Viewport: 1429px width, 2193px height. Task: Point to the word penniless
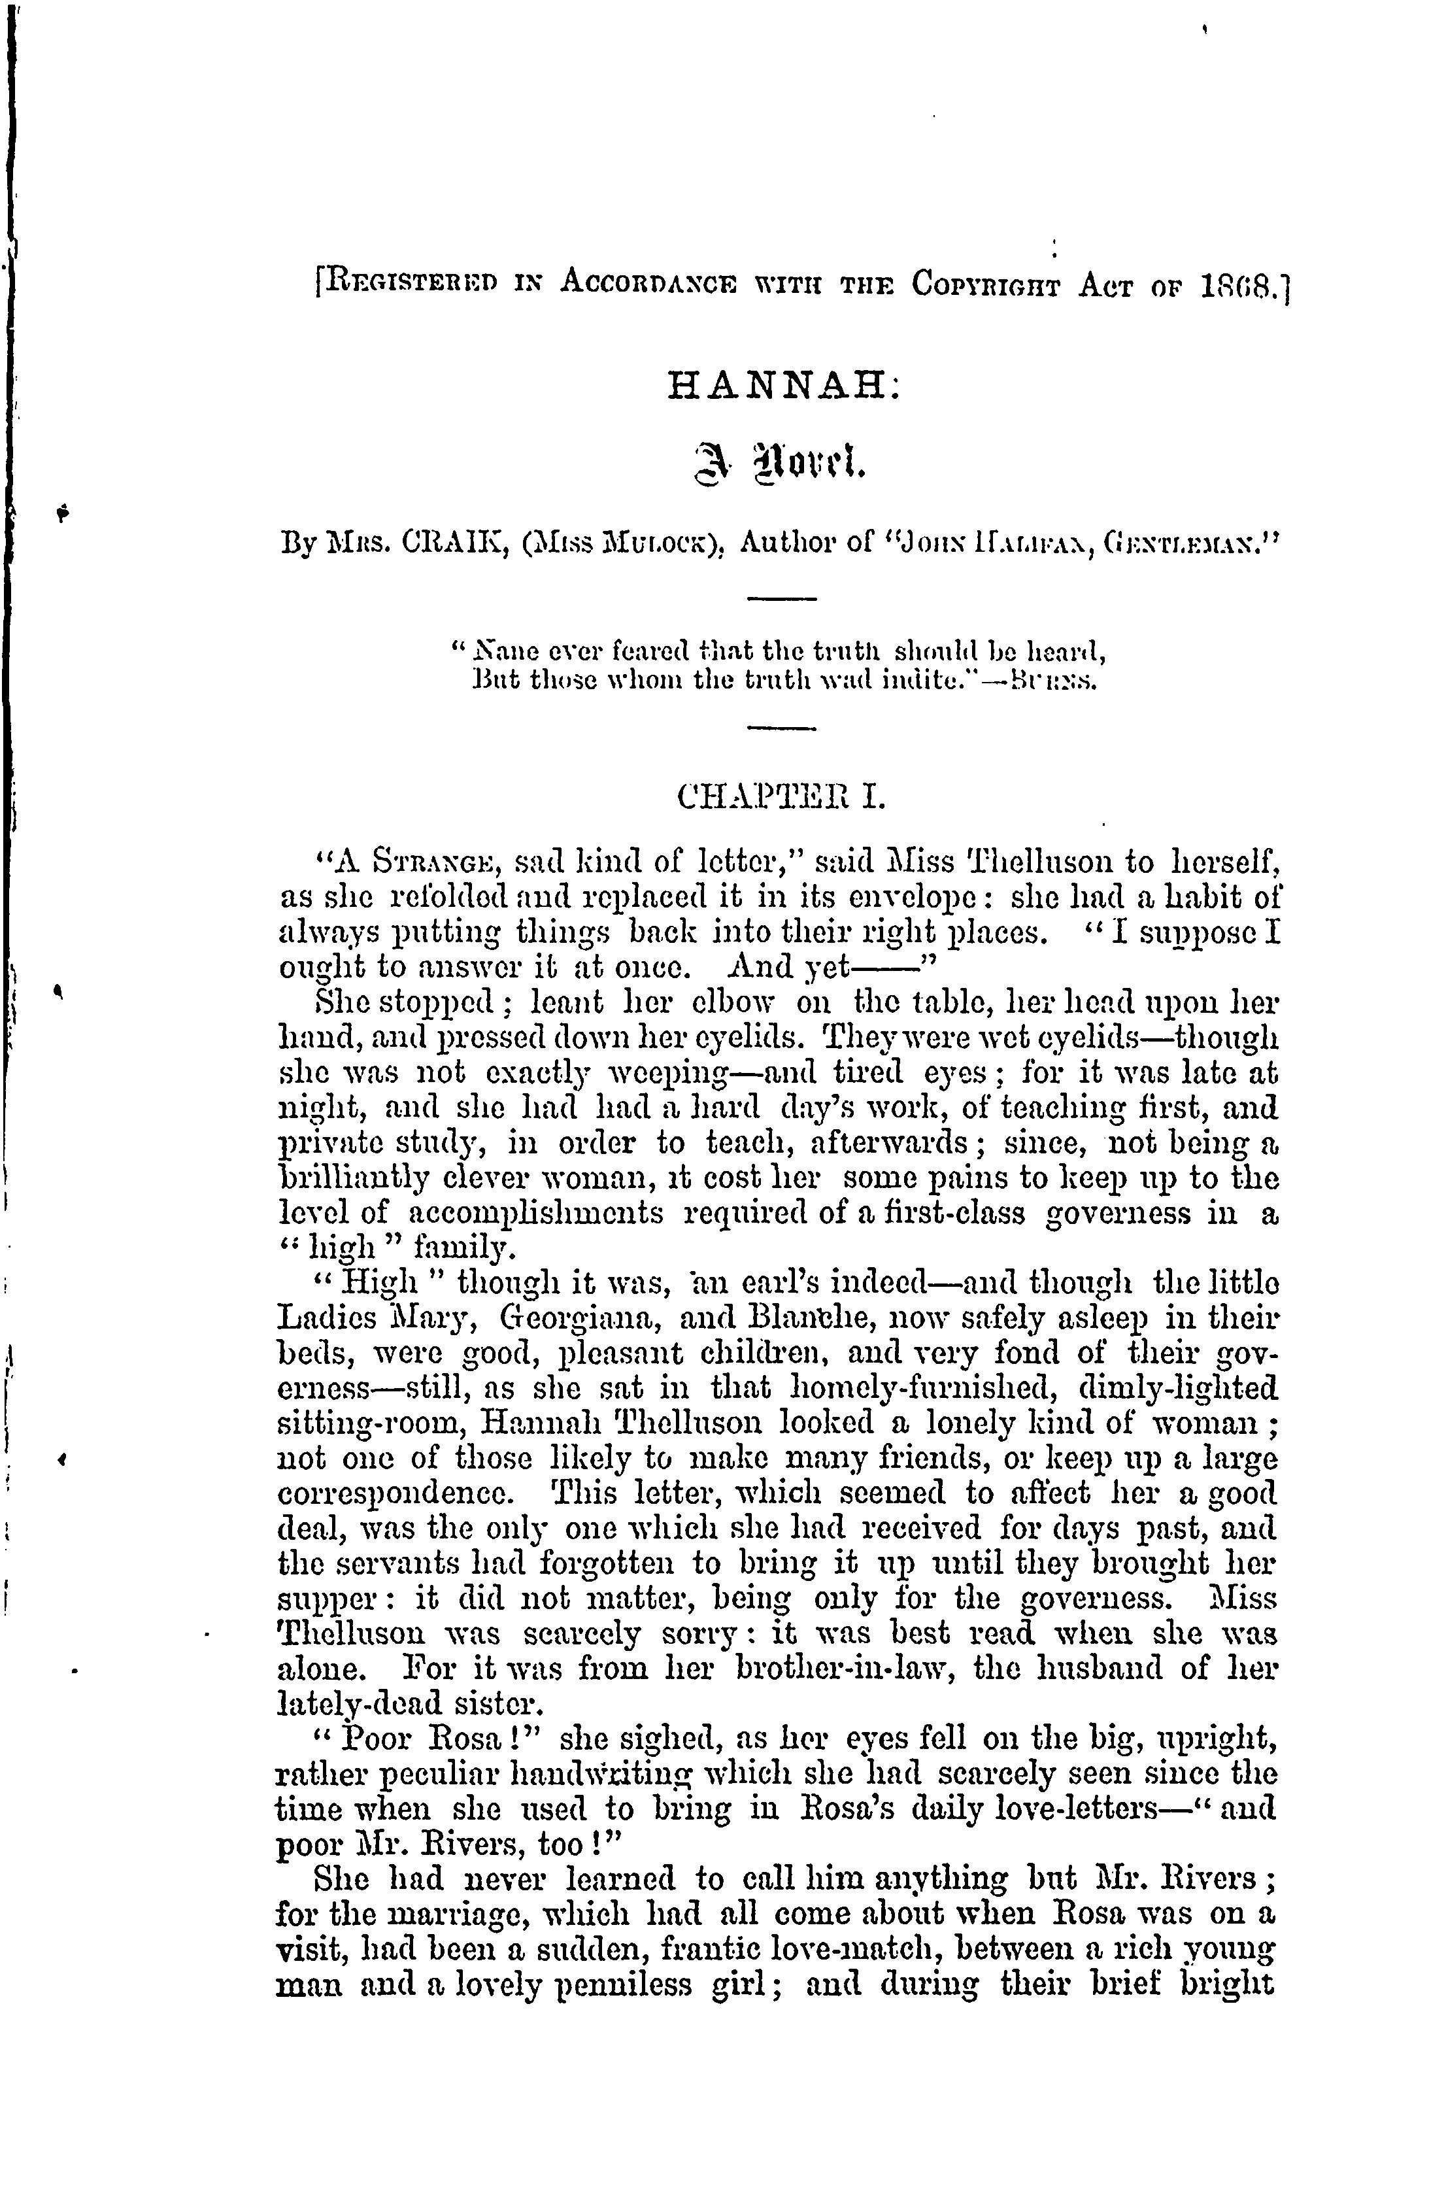point(625,1985)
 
